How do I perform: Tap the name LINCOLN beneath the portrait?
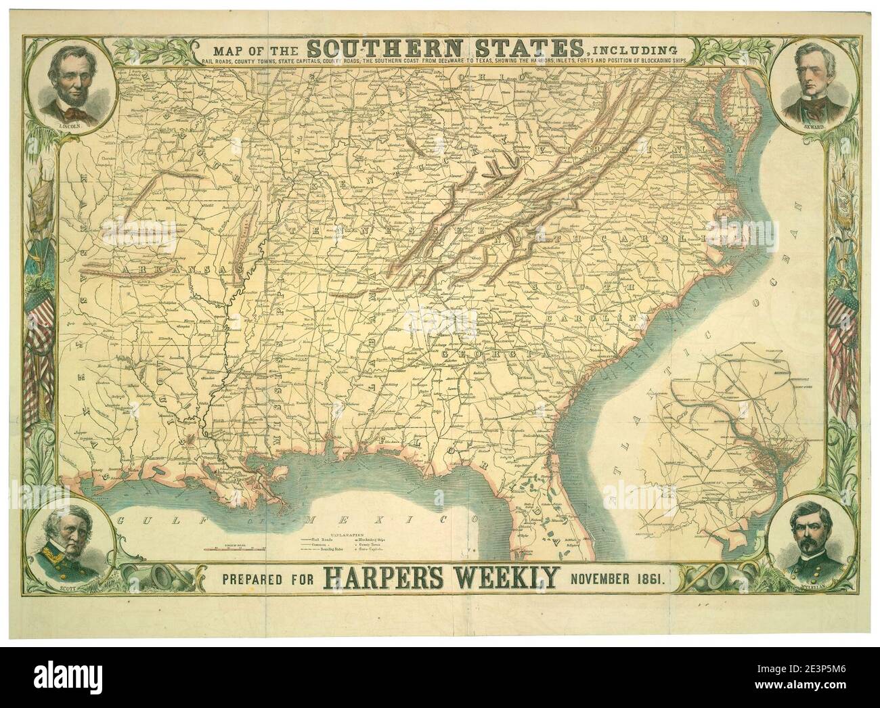[68, 127]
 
